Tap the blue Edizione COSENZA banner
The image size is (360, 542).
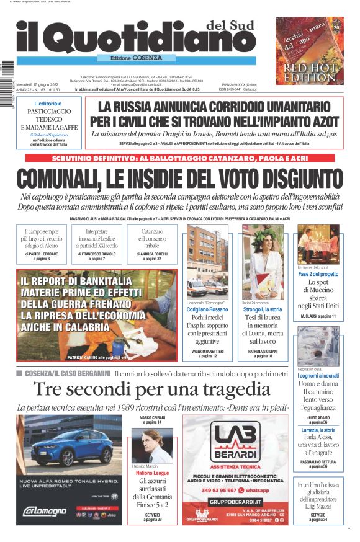pos(130,58)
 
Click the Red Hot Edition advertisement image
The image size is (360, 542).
pos(310,51)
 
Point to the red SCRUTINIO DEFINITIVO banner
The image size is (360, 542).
pos(183,158)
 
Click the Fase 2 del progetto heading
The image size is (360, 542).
pos(318,274)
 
